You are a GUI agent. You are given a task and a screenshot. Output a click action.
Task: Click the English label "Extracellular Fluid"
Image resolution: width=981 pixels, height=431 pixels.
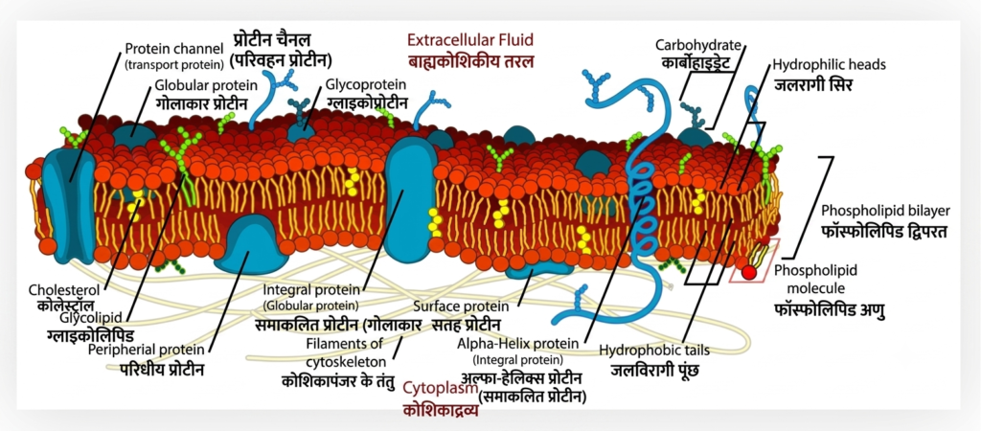pyautogui.click(x=469, y=40)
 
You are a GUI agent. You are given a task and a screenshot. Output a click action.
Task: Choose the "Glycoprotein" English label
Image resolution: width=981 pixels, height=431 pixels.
pyautogui.click(x=366, y=84)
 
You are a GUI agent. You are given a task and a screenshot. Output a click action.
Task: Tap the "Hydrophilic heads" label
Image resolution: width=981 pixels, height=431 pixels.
pyautogui.click(x=829, y=64)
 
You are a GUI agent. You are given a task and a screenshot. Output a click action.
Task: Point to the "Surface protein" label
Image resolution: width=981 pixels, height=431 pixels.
pyautogui.click(x=461, y=307)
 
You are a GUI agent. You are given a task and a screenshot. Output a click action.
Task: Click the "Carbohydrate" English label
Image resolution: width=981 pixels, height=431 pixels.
pyautogui.click(x=698, y=45)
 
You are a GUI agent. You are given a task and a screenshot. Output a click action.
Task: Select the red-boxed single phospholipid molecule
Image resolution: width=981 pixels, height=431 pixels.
pyautogui.click(x=753, y=259)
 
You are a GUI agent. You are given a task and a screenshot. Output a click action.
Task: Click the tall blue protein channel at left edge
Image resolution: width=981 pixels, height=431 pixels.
pyautogui.click(x=68, y=205)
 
